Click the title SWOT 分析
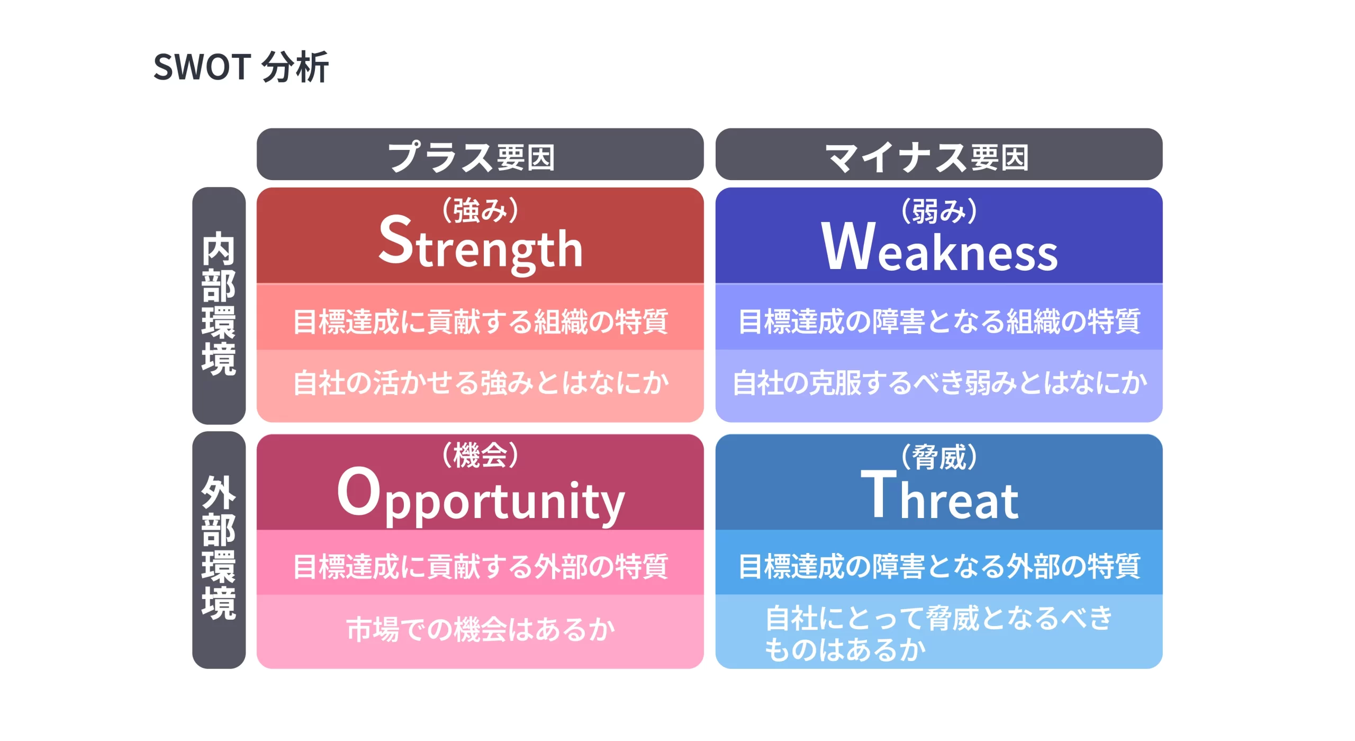tap(241, 67)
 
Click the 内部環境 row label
tap(219, 305)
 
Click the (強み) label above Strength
tap(480, 210)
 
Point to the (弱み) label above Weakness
tap(939, 211)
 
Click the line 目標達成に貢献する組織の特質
tap(480, 322)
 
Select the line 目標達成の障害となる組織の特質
tap(939, 322)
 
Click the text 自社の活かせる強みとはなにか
tap(480, 383)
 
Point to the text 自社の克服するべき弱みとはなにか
tap(939, 383)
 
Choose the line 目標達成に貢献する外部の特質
tap(480, 566)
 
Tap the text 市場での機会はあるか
tap(480, 630)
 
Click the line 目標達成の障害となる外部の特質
tap(939, 566)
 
